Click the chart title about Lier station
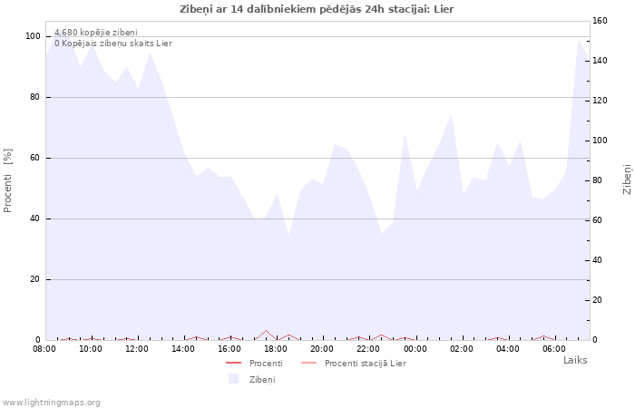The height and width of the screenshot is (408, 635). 317,9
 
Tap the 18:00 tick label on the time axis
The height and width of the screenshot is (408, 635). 276,348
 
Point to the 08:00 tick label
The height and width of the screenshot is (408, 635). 44,348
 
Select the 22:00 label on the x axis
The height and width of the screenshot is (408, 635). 368,348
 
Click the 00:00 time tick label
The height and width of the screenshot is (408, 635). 415,348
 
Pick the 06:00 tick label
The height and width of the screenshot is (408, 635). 554,348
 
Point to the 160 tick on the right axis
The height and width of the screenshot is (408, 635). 600,21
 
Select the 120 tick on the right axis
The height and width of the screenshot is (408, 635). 600,101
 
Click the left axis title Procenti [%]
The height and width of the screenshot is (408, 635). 8,180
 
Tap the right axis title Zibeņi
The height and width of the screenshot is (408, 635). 627,180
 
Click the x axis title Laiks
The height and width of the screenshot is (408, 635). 575,360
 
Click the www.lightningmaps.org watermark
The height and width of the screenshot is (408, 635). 52,403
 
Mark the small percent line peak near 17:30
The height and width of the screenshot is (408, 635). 266,331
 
